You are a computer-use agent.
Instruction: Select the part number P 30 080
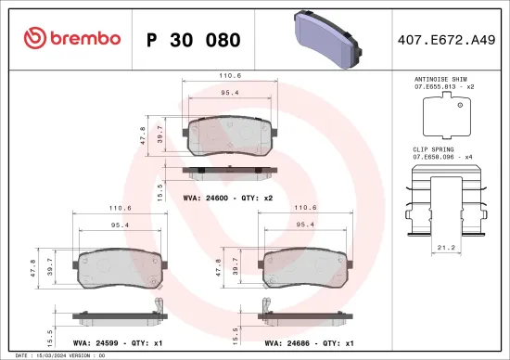point(194,40)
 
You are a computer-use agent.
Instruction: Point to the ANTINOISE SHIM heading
point(443,81)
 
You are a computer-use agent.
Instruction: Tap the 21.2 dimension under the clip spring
point(446,249)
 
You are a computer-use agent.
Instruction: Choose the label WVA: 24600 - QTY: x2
point(228,199)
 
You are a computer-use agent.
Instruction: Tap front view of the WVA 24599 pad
point(121,267)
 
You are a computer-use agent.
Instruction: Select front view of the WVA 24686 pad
point(302,267)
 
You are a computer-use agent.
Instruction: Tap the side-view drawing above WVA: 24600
point(227,173)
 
